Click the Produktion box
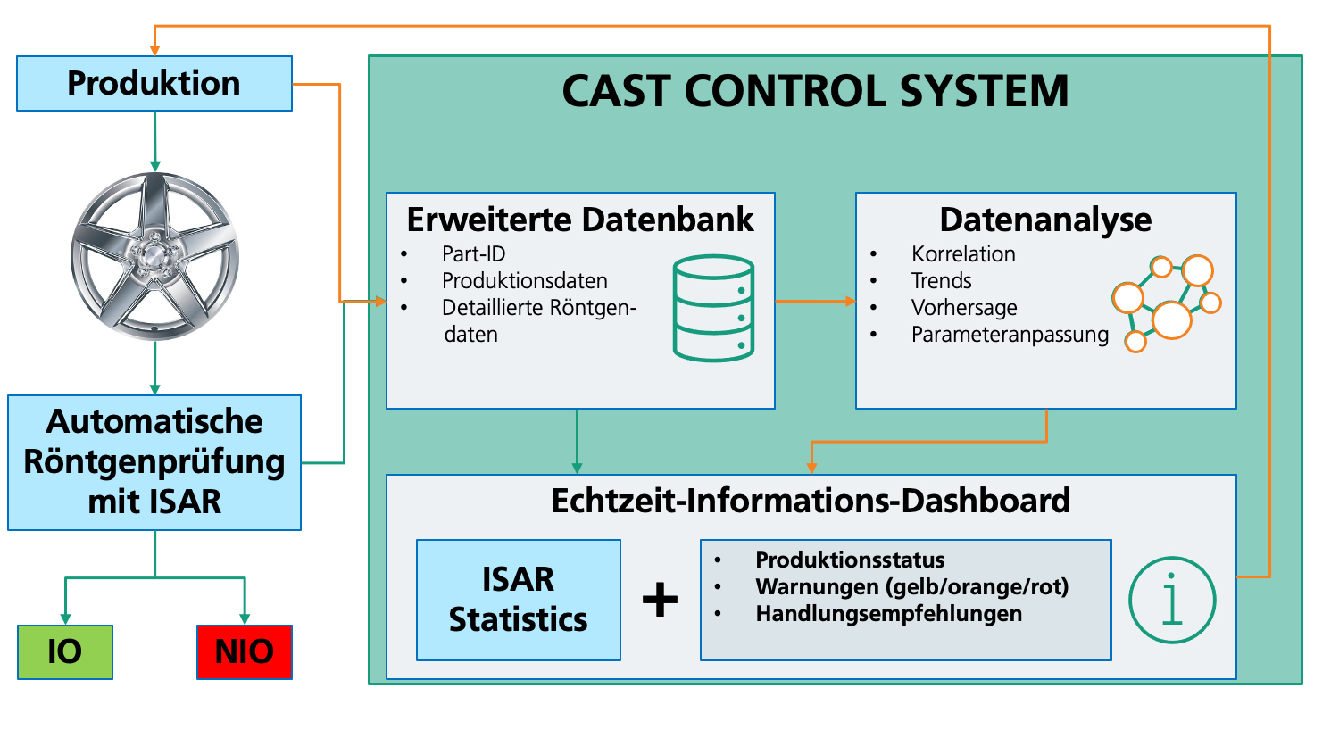[154, 84]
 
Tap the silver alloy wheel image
[155, 256]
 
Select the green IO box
[65, 652]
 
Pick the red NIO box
[245, 652]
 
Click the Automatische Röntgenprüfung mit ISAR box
[154, 462]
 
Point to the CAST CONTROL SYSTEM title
[815, 91]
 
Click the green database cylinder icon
[713, 308]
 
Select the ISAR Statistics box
[519, 600]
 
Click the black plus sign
[661, 600]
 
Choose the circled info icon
[1172, 601]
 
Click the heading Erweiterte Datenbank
[580, 220]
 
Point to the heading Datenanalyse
[1045, 220]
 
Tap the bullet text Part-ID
[474, 254]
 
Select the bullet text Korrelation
[963, 254]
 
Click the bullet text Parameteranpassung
[1010, 335]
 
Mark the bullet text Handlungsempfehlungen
[888, 614]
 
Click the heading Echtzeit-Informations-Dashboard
[811, 501]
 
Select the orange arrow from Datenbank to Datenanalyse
[815, 302]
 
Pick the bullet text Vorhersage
[964, 308]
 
